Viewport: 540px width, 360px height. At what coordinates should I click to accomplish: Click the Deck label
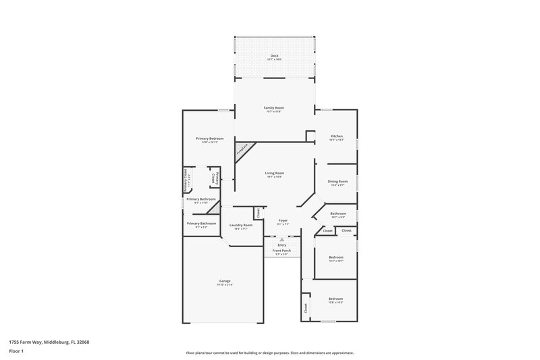pyautogui.click(x=274, y=56)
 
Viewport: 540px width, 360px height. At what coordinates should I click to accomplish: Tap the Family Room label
pyautogui.click(x=273, y=108)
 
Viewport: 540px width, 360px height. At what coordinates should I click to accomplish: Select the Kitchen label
pyautogui.click(x=336, y=136)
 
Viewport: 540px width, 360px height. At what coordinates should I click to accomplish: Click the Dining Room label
pyautogui.click(x=337, y=182)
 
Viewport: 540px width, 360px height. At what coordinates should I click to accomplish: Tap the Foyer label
pyautogui.click(x=283, y=221)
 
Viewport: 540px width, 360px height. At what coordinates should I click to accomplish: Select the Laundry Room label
pyautogui.click(x=241, y=225)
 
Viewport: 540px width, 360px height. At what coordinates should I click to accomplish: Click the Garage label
pyautogui.click(x=225, y=281)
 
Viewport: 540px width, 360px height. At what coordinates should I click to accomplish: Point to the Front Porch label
pyautogui.click(x=281, y=251)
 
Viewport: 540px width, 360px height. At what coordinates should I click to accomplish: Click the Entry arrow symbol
pyautogui.click(x=281, y=239)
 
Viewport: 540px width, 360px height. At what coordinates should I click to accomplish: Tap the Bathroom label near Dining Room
pyautogui.click(x=338, y=214)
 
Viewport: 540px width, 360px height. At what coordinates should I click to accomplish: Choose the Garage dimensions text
pyautogui.click(x=225, y=285)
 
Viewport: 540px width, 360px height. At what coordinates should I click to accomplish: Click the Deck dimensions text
pyautogui.click(x=274, y=60)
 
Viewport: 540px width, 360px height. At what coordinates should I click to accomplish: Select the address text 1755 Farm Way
pyautogui.click(x=49, y=342)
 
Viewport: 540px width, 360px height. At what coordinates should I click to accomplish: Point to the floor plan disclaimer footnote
pyautogui.click(x=269, y=353)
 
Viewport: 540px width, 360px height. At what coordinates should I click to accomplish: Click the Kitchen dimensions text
pyautogui.click(x=336, y=140)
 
